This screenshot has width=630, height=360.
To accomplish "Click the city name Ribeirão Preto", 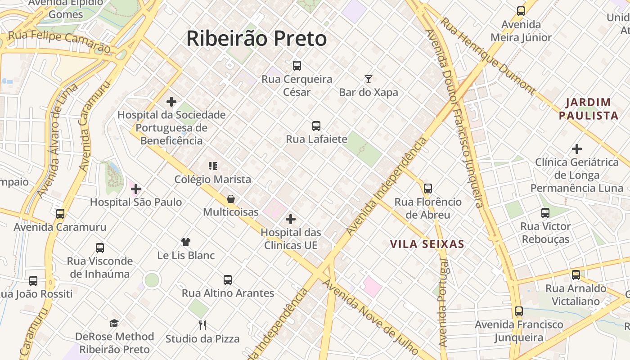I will click(x=256, y=39).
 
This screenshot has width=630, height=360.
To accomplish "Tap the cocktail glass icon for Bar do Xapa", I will click(x=369, y=80).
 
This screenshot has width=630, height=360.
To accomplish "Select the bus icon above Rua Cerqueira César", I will click(x=297, y=66).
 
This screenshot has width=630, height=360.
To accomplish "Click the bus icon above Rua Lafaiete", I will click(x=316, y=126).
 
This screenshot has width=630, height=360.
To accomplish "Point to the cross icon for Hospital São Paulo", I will click(x=136, y=189).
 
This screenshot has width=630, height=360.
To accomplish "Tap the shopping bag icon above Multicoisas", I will click(x=231, y=199).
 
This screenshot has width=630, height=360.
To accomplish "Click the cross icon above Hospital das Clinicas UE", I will click(x=291, y=219).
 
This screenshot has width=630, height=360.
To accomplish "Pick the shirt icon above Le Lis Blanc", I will click(x=186, y=242).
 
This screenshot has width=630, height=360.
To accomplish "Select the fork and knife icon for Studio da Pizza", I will click(x=202, y=325).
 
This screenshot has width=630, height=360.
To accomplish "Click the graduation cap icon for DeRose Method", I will click(x=114, y=323).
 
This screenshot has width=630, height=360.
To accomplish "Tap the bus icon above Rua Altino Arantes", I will click(x=228, y=280).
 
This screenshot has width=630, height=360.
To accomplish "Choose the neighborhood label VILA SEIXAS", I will click(x=427, y=244).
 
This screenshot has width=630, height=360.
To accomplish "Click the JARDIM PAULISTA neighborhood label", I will click(x=589, y=109).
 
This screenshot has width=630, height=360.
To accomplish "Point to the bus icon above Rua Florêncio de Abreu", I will click(x=428, y=189).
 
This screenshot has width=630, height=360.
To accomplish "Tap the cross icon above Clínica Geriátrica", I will click(x=577, y=148).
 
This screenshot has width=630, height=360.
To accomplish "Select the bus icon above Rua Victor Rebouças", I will click(x=545, y=213).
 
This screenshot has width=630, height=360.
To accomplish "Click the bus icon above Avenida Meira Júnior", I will click(x=521, y=11).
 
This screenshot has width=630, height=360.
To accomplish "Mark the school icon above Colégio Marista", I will click(x=213, y=166).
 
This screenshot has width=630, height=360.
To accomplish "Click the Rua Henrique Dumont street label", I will click(x=488, y=56).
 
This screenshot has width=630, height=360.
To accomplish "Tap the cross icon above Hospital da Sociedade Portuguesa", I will click(x=171, y=102).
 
